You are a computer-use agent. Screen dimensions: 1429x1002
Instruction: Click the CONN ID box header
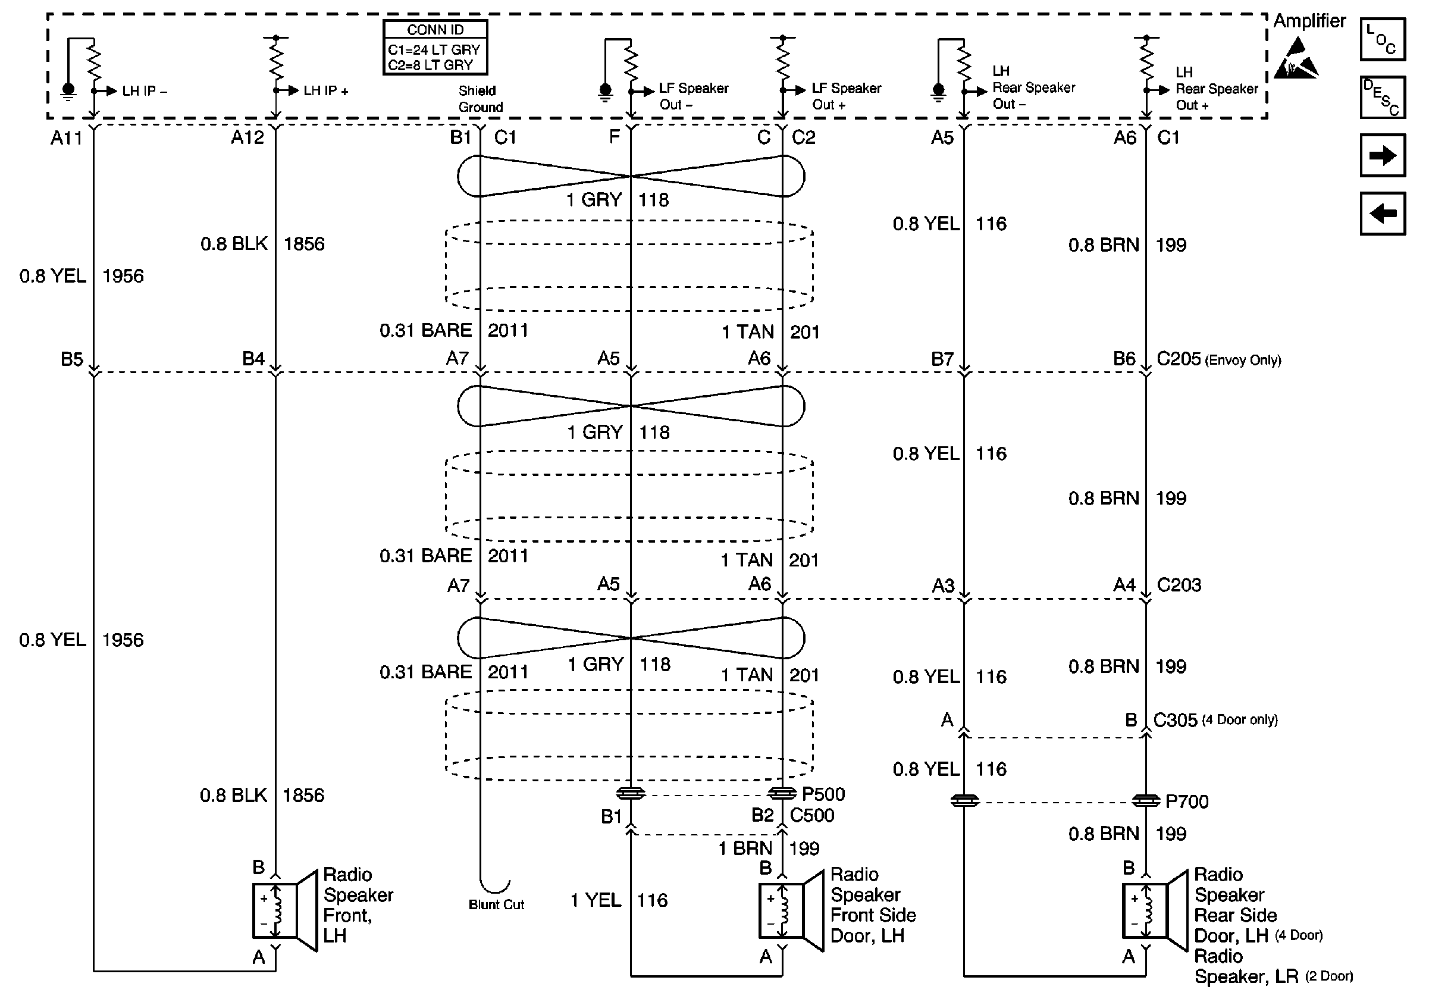pyautogui.click(x=435, y=30)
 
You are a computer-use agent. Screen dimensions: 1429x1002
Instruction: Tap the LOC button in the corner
pyautogui.click(x=1383, y=39)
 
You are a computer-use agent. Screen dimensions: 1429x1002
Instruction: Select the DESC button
pyautogui.click(x=1383, y=97)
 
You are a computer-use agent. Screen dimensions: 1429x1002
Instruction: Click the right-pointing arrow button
pyautogui.click(x=1383, y=155)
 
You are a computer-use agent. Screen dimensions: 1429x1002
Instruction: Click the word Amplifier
pyautogui.click(x=1309, y=21)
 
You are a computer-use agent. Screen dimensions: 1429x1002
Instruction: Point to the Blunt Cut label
pyautogui.click(x=496, y=904)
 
